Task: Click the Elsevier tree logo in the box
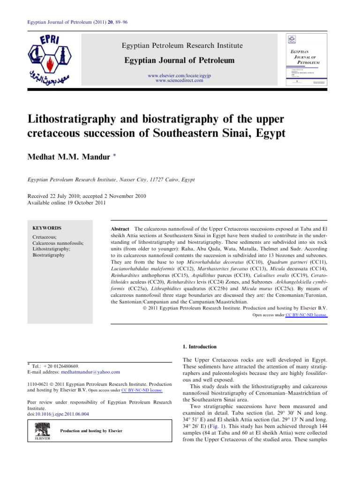[42, 431]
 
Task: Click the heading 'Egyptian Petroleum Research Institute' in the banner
[182, 45]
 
